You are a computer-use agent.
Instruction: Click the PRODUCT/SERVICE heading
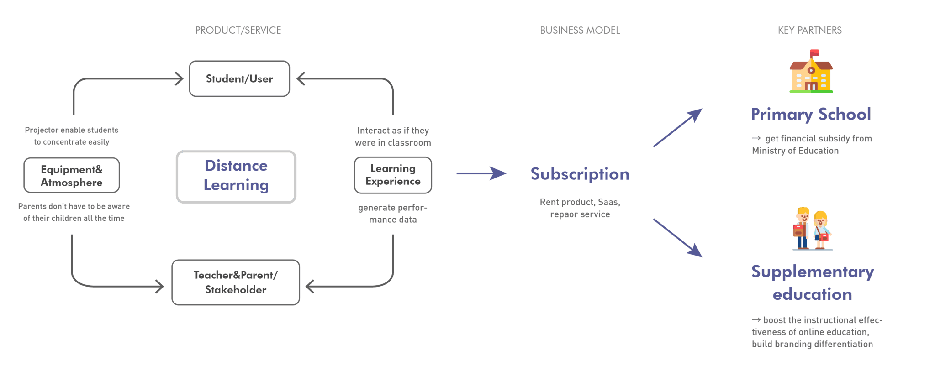[238, 31]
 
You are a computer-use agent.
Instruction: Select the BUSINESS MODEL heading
[580, 31]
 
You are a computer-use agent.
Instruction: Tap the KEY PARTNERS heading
[809, 31]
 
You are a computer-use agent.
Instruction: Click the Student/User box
[239, 79]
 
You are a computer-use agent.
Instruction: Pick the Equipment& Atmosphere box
[72, 176]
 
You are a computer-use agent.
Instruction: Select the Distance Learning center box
[236, 177]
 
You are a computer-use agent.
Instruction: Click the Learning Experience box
[393, 175]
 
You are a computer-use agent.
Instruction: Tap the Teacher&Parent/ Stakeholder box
[235, 282]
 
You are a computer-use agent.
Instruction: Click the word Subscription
[580, 174]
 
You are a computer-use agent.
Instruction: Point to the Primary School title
[811, 114]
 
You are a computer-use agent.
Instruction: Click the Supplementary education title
[813, 283]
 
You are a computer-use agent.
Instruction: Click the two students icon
[812, 229]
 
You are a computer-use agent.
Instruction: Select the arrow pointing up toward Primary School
[676, 129]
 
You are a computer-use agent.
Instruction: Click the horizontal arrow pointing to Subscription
[481, 173]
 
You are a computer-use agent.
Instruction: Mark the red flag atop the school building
[814, 53]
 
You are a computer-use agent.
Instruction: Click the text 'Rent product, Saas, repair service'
[580, 208]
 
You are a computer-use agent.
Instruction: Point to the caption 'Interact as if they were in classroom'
[393, 136]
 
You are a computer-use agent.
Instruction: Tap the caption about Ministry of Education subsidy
[812, 145]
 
